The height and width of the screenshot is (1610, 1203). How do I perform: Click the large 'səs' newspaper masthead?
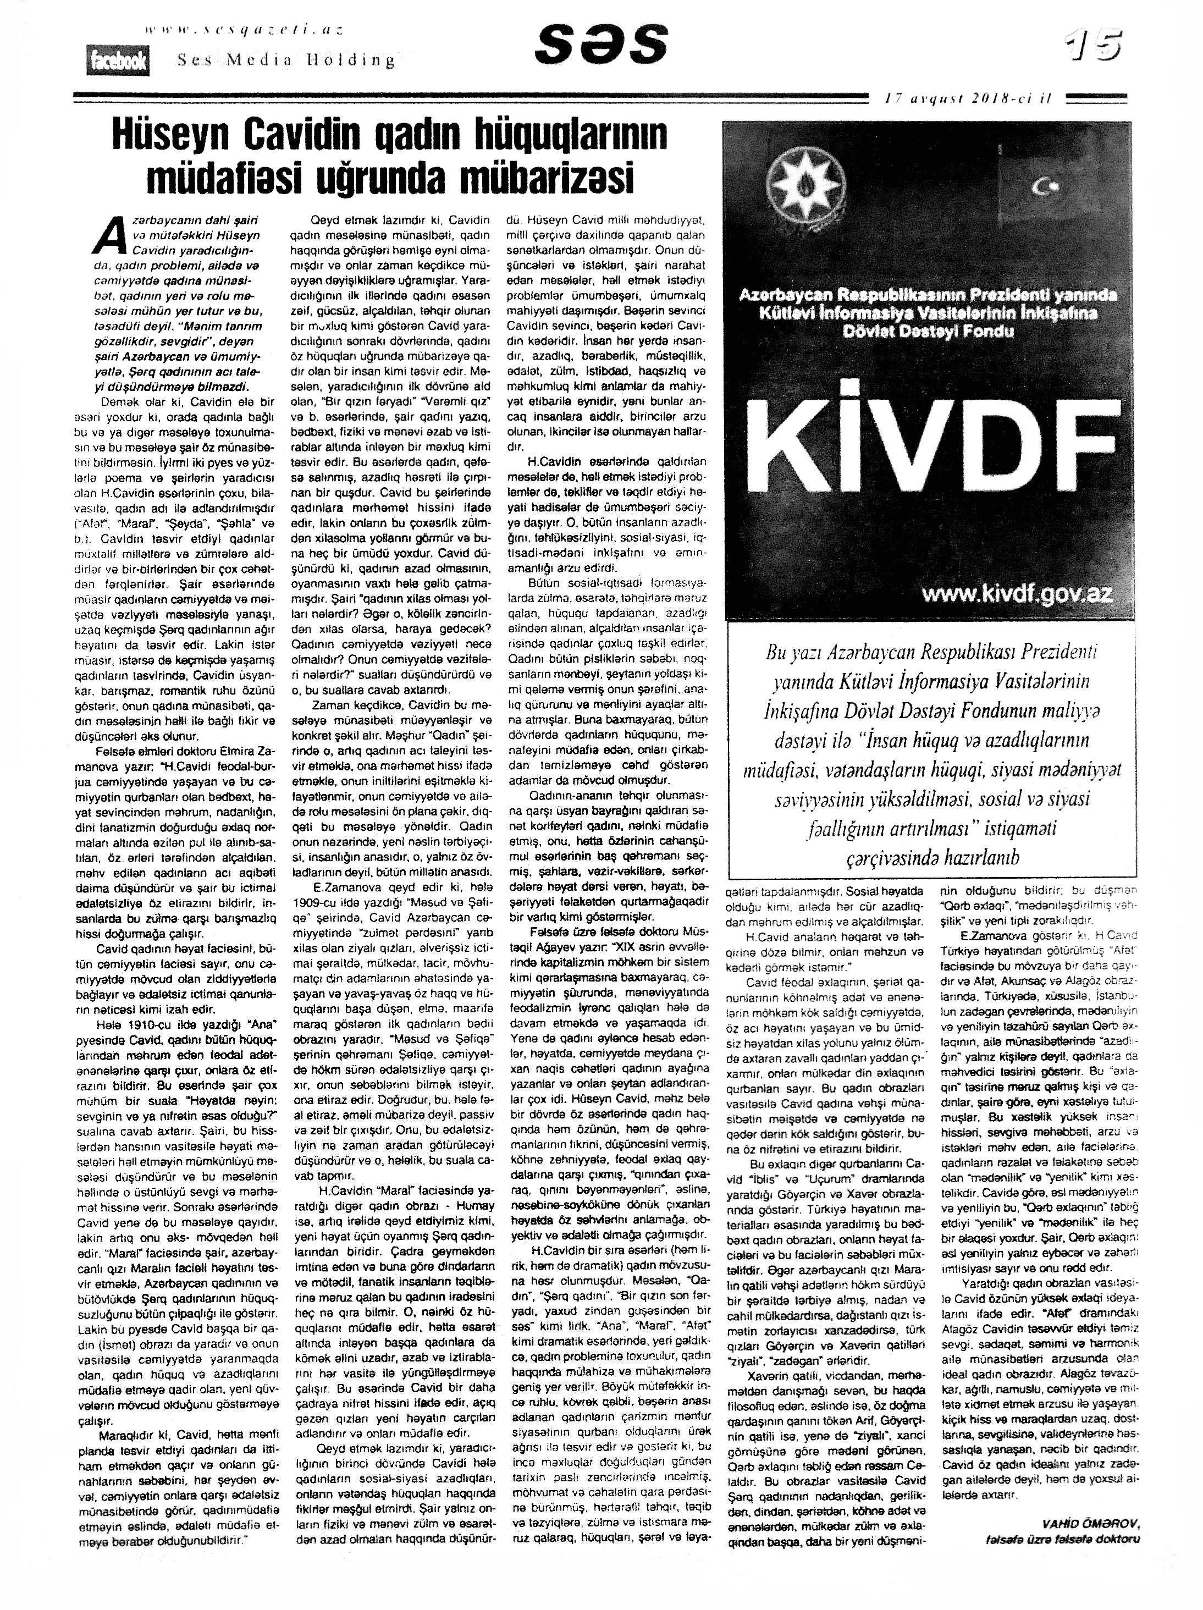[x=600, y=45]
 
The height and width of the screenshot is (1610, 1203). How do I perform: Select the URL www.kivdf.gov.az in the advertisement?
[x=1017, y=594]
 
